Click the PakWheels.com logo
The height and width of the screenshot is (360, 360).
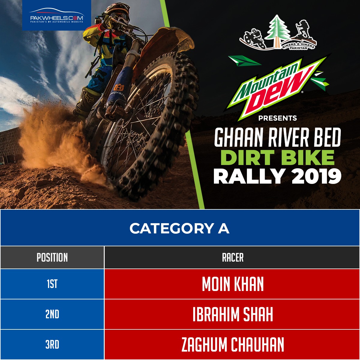click(x=57, y=16)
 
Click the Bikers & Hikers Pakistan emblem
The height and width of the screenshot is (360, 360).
click(x=278, y=33)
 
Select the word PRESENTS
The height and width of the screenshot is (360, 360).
click(x=277, y=118)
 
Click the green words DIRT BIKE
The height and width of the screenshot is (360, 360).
click(x=277, y=157)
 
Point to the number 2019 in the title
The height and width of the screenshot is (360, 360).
click(x=317, y=176)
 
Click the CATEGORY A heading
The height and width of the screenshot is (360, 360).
click(x=179, y=228)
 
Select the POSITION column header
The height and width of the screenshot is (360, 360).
click(x=52, y=257)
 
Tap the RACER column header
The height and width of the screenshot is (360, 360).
click(x=233, y=257)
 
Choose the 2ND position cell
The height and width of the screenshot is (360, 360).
click(x=52, y=314)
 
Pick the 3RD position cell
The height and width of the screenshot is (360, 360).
click(x=52, y=344)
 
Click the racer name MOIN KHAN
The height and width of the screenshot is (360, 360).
click(x=233, y=284)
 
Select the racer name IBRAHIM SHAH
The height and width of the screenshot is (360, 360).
click(x=233, y=314)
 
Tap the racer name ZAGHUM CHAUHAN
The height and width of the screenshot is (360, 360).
click(x=233, y=344)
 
